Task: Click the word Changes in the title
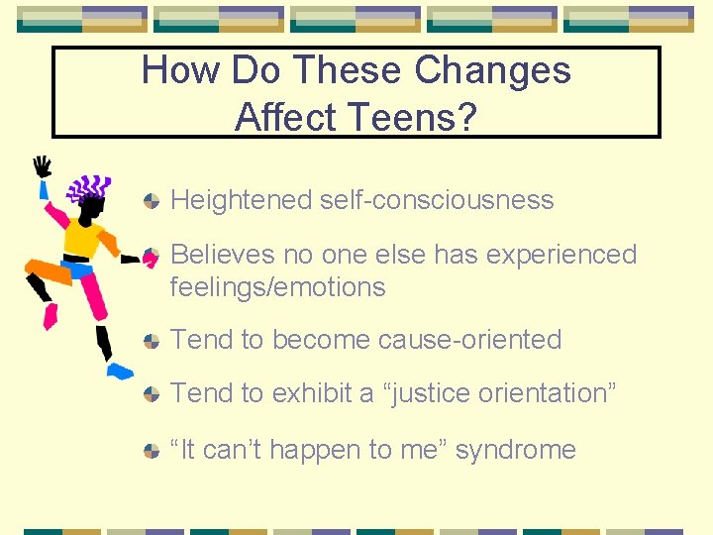coord(492,70)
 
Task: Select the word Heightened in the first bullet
coord(241,200)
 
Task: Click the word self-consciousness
coord(437,200)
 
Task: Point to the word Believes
coord(223,255)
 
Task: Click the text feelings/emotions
coord(277,287)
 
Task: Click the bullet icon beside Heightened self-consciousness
coord(151,201)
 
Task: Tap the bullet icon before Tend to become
coord(151,341)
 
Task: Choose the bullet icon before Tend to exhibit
coord(151,394)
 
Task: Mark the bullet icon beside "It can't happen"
coord(151,450)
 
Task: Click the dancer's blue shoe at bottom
coord(119,371)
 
